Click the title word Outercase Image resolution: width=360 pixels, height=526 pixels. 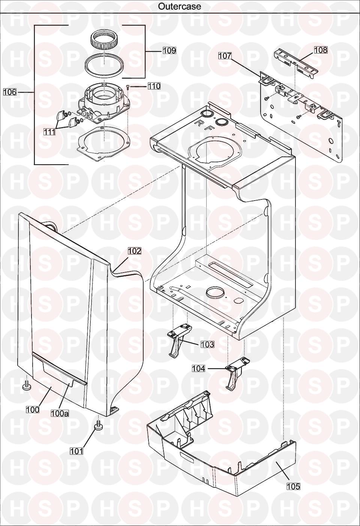pos(180,6)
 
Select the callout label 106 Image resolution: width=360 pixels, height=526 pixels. pos(10,92)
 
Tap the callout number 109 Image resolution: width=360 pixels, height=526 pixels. pos(169,51)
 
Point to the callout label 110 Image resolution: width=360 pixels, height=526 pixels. pos(154,86)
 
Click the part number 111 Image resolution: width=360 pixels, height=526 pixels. pos(49,132)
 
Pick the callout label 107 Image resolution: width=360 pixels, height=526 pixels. pos(225,56)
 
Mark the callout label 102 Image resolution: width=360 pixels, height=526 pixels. pos(135,251)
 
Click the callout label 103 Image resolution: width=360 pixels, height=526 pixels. pos(207,344)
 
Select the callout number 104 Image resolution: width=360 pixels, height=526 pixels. pos(198,369)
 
